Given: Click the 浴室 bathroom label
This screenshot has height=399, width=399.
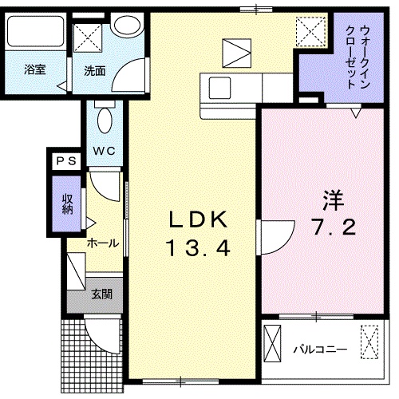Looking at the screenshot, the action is [35, 69].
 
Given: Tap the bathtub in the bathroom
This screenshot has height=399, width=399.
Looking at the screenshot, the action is [35, 31].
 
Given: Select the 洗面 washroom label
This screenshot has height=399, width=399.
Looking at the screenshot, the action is [95, 71].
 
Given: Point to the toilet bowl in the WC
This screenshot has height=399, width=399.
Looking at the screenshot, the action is [105, 120].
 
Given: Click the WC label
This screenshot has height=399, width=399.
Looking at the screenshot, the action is [104, 151].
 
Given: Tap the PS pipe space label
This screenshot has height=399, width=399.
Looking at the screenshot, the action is [66, 161].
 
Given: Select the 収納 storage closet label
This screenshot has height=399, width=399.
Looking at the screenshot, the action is [68, 204].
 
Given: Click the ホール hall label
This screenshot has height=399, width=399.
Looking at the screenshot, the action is [103, 243].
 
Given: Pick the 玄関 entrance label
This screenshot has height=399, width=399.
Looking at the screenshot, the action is [102, 294].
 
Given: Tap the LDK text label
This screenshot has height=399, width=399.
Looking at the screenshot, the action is [198, 219].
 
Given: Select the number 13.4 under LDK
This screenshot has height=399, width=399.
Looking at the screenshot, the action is [198, 247].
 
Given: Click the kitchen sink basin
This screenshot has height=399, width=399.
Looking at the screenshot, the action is [219, 88].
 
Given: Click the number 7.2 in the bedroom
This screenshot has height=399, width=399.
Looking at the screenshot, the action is [334, 227].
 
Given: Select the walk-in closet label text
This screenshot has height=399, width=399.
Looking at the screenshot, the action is [358, 57].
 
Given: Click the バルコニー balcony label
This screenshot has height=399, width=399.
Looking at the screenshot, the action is [320, 350].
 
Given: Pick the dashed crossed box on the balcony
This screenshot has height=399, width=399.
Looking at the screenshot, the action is [369, 342].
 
